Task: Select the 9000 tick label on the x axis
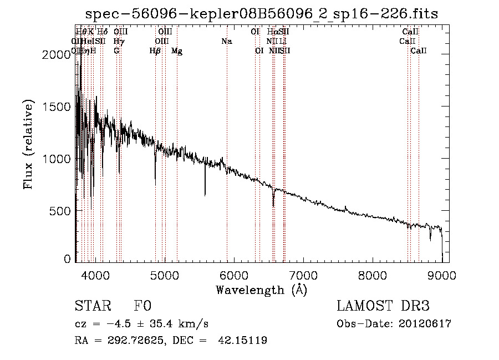pyautogui.click(x=442, y=275)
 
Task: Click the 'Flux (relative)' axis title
pyautogui.click(x=28, y=144)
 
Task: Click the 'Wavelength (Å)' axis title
pyautogui.click(x=261, y=290)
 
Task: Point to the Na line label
pyautogui.click(x=226, y=41)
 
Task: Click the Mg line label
pyautogui.click(x=177, y=51)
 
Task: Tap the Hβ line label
pyautogui.click(x=155, y=50)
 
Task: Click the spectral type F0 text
pyautogui.click(x=142, y=306)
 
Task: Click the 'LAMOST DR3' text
pyautogui.click(x=383, y=306)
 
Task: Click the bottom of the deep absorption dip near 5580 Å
pyautogui.click(x=205, y=195)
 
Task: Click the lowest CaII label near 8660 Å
pyautogui.click(x=419, y=50)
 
